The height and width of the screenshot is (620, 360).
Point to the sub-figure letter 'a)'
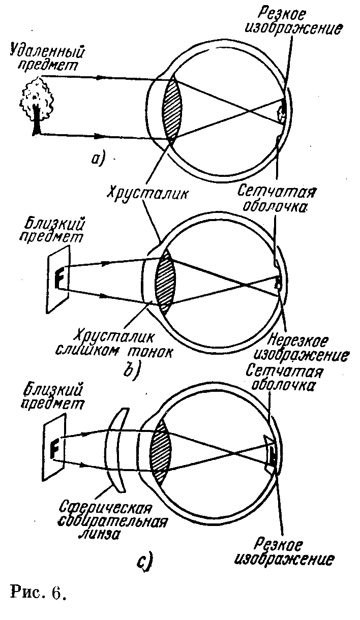pyautogui.click(x=98, y=160)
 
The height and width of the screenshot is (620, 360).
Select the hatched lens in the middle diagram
pyautogui.click(x=165, y=280)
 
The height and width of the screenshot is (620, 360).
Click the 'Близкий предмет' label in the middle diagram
pyautogui.click(x=52, y=230)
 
